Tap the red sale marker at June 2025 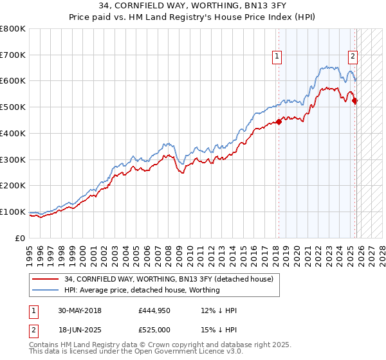coord(355,100)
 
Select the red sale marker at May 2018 coord(279,122)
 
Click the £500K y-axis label coord(13,107)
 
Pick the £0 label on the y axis coord(19,238)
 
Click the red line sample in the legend coord(45,279)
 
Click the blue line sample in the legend coord(45,291)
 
